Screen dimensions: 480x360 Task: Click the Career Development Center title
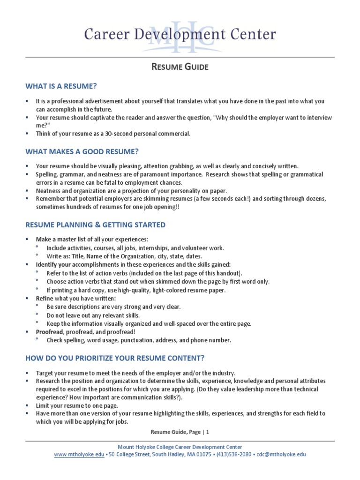(180, 34)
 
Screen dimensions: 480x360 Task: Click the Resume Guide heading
(180, 67)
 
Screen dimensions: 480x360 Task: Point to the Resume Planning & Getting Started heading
(95, 225)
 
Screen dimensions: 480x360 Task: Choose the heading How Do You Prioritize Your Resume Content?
(115, 358)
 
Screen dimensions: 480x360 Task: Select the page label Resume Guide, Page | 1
(180, 432)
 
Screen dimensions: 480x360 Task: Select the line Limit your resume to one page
(77, 405)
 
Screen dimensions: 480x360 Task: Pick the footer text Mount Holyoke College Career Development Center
(180, 447)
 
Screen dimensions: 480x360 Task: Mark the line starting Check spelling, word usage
(138, 340)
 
